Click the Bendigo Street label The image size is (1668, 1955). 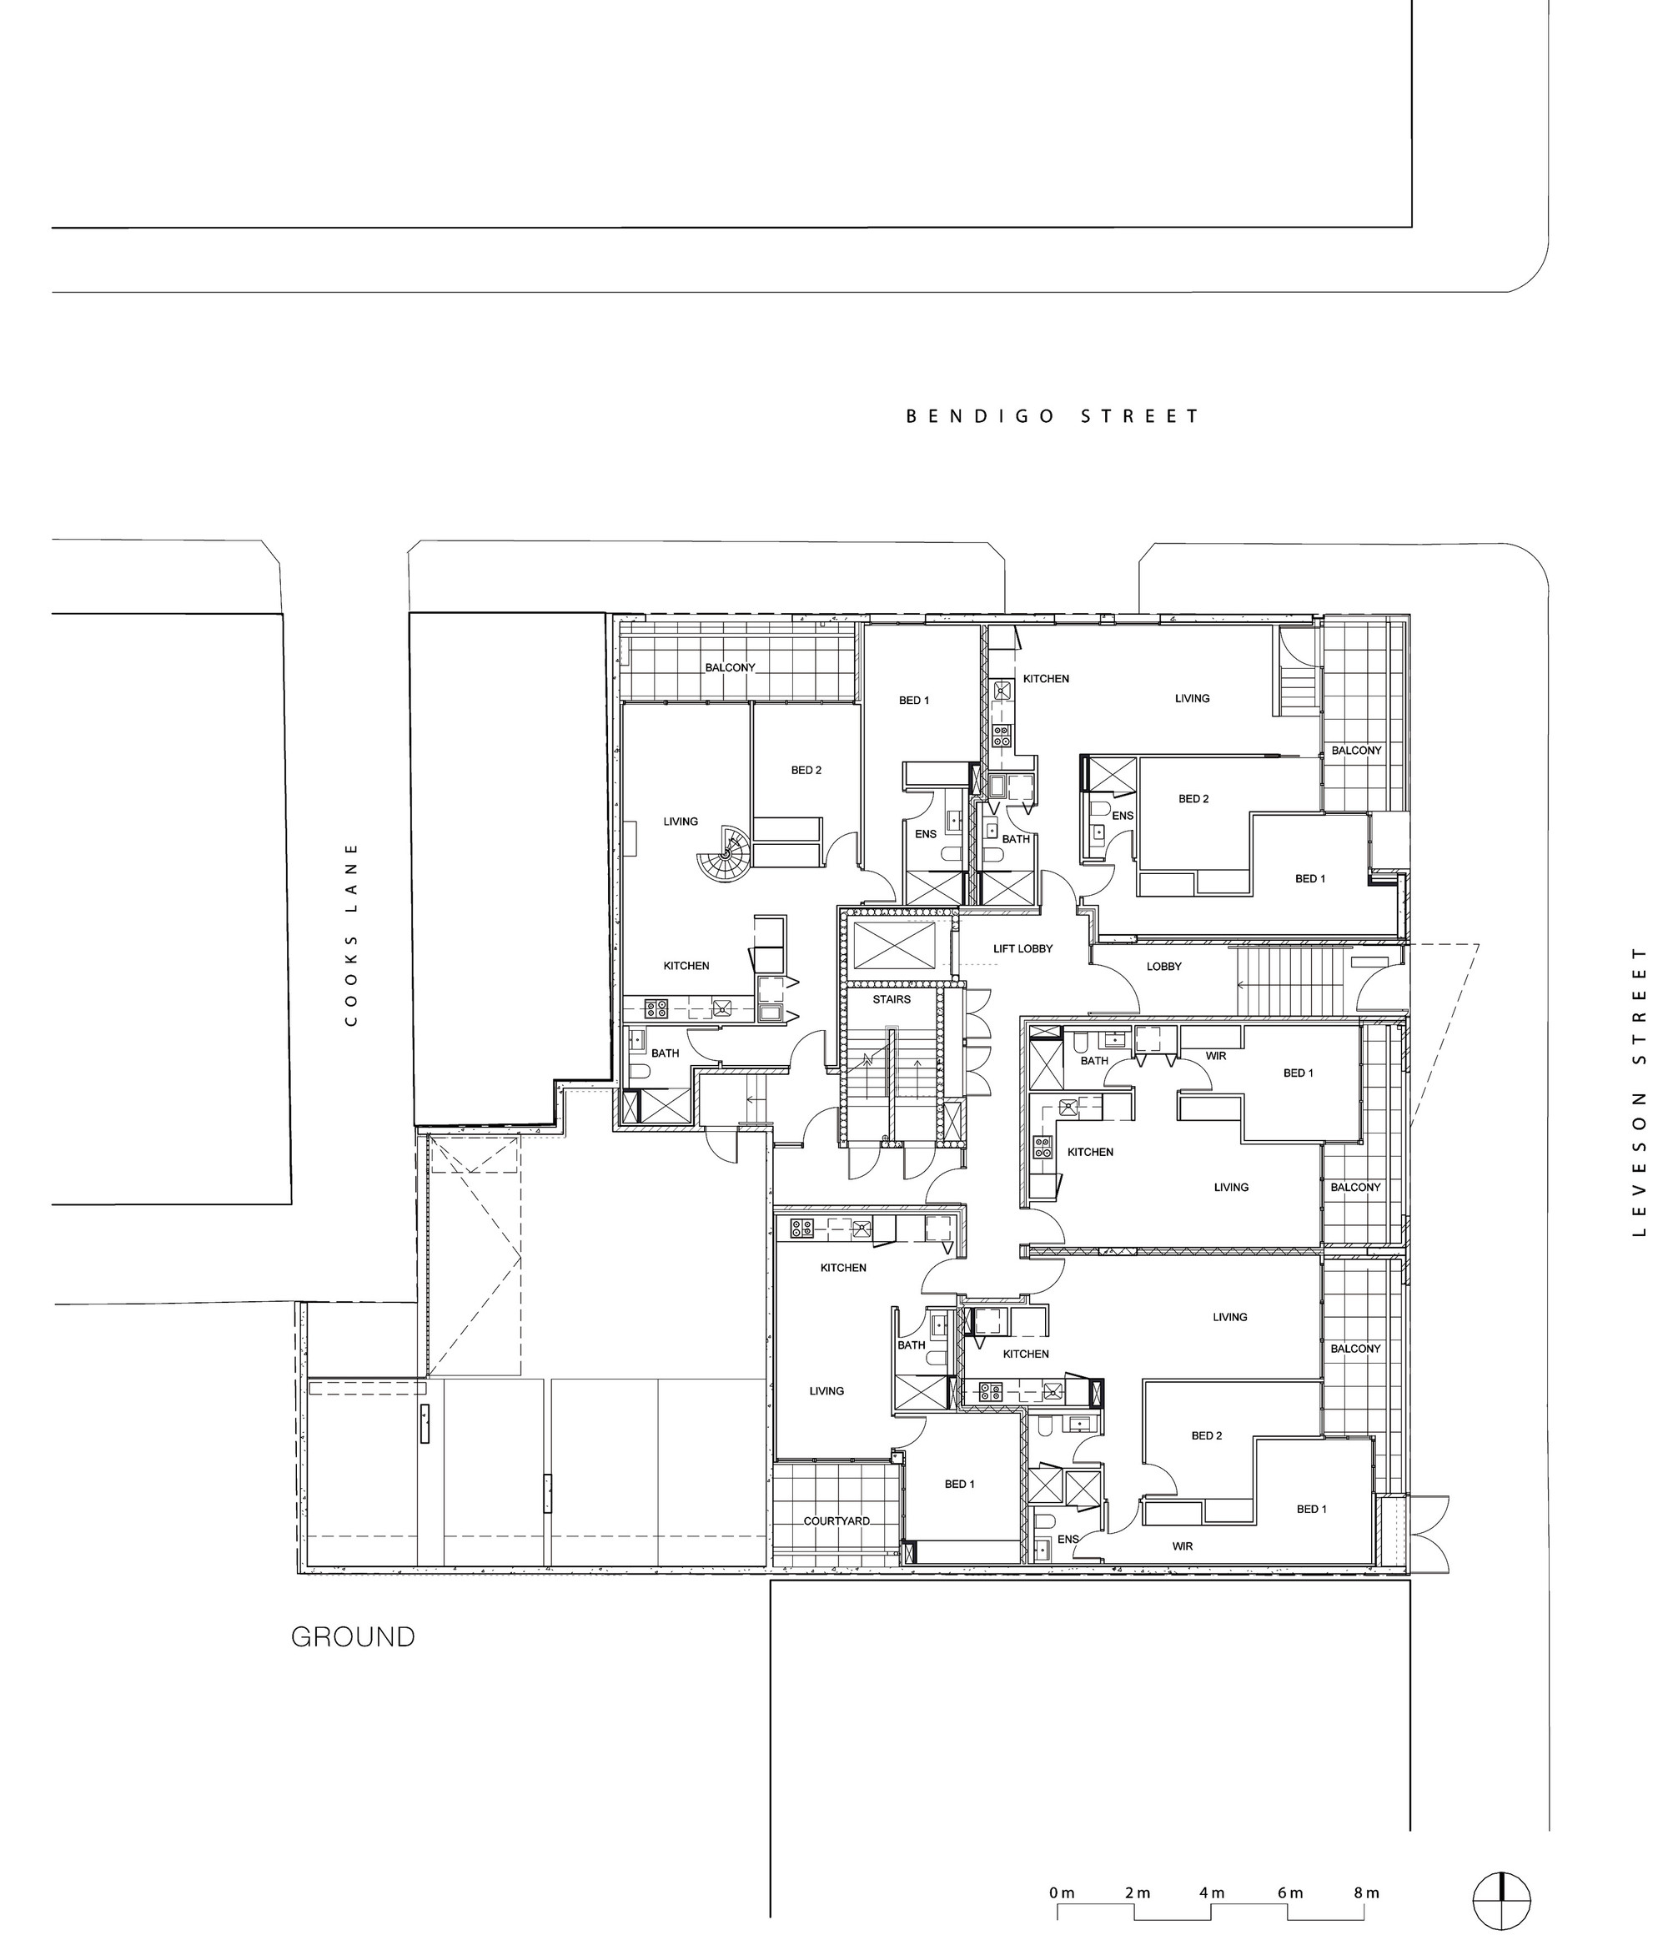[x=1052, y=416]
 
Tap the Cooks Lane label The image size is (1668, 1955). [x=351, y=934]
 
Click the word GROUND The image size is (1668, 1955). [x=353, y=1636]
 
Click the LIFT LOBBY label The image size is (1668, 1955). [x=1022, y=948]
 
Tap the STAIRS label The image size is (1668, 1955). [x=892, y=999]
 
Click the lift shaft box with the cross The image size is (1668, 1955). [x=892, y=944]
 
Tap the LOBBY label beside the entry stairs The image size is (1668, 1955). [x=1164, y=966]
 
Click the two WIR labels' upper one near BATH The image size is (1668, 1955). [x=1216, y=1056]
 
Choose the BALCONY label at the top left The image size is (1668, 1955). [x=731, y=667]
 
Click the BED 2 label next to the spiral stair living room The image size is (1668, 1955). [x=806, y=770]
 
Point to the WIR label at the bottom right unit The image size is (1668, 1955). [x=1182, y=1546]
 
